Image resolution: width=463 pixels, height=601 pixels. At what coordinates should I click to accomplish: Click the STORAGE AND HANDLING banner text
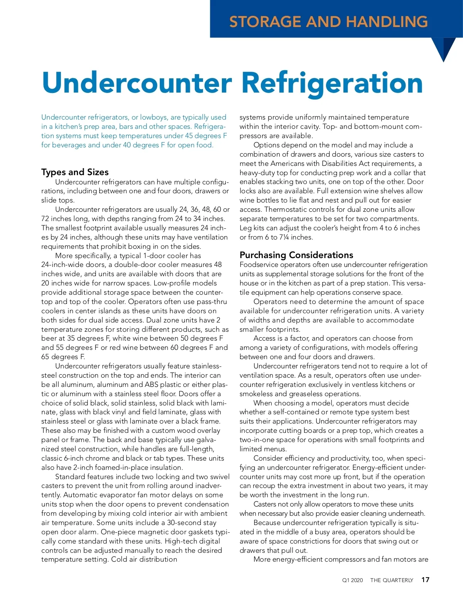pos(328,22)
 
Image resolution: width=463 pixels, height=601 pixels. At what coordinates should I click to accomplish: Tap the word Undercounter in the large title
pos(137,83)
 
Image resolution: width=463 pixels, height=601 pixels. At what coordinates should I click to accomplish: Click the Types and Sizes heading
pos(75,172)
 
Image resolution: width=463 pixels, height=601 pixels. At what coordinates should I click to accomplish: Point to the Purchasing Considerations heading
pos(296,255)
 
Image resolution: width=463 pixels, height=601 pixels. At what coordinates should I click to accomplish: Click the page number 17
pos(425,580)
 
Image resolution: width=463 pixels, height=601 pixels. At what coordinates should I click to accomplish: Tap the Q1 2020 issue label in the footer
pos(352,580)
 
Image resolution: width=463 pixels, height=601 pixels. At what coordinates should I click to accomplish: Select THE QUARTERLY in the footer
pos(392,580)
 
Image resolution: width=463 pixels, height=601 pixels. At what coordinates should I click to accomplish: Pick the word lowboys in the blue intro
pos(154,117)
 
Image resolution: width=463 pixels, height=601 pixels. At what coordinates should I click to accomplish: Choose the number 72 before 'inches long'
pos(45,219)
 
